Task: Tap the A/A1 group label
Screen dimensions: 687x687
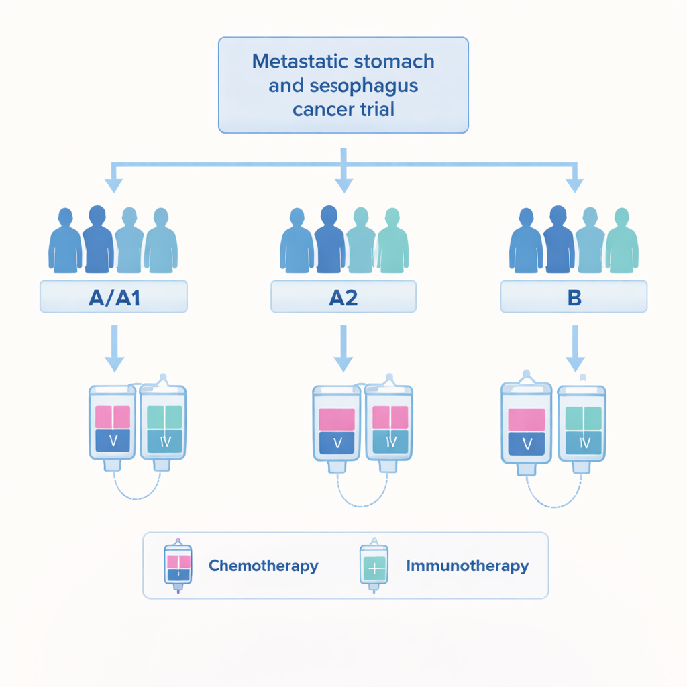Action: coord(113,297)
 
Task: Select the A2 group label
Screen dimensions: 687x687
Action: coord(343,297)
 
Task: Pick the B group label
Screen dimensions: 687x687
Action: coord(574,297)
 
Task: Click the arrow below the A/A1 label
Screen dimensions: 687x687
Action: coord(114,349)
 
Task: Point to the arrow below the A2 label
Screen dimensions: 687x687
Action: coord(343,349)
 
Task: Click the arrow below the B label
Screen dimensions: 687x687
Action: coord(574,349)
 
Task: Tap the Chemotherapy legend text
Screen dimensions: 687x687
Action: coord(263,566)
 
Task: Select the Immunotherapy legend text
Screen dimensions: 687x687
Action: coord(467,566)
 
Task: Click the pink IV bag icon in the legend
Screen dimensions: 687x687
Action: coord(178,566)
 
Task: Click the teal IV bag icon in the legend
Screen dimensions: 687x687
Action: coord(374,566)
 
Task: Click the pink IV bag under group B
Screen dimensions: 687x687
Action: coord(527,426)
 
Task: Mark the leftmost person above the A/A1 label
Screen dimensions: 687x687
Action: coord(64,242)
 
